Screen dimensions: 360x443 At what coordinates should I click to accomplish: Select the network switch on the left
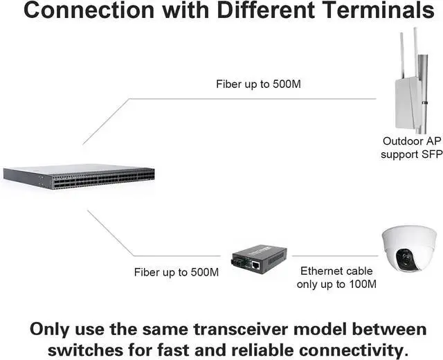pos(79,177)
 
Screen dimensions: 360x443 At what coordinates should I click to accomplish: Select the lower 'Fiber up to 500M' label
pos(177,272)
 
